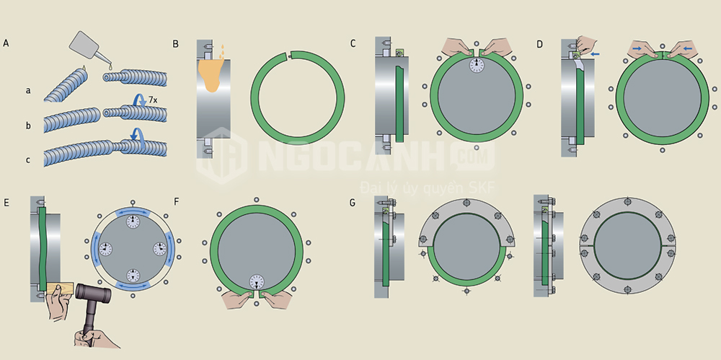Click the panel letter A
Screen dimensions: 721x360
click(x=6, y=43)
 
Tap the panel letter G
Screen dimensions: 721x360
click(x=353, y=202)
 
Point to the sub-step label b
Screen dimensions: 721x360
click(x=28, y=126)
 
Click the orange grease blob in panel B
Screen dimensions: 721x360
click(x=211, y=74)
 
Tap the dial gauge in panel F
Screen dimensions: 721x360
click(x=257, y=282)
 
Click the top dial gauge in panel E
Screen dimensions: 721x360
click(x=133, y=222)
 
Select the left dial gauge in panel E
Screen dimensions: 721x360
click(x=106, y=249)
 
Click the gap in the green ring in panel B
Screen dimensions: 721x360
click(x=289, y=56)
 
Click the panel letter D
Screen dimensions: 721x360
click(x=540, y=44)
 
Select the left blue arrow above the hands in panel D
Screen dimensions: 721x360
click(x=638, y=48)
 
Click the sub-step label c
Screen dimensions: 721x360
click(x=28, y=160)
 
